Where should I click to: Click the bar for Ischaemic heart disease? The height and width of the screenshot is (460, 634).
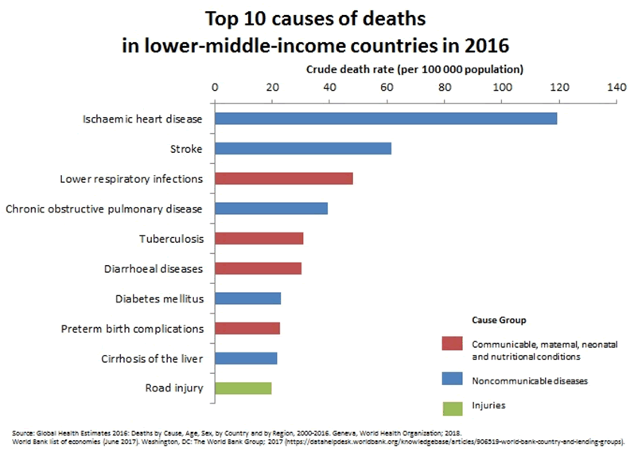point(385,119)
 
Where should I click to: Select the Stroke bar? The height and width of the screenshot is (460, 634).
point(302,148)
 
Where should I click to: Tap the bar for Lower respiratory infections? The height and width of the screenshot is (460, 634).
point(283,178)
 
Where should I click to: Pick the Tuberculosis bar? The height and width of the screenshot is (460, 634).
point(259,238)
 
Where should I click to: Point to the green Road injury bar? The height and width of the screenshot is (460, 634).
point(243,388)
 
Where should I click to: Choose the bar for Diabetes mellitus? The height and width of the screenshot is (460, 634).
point(247,298)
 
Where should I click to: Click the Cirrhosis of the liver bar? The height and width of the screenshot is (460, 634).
point(246,358)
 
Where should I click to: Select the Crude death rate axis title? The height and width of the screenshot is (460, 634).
point(414,68)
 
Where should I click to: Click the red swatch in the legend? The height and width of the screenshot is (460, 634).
point(452,343)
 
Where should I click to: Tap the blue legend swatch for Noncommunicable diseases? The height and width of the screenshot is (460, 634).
point(452,380)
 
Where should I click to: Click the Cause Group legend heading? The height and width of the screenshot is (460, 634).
point(499,320)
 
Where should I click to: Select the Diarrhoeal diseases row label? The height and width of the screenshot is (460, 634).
point(154,268)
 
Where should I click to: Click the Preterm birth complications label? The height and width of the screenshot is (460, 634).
point(132,328)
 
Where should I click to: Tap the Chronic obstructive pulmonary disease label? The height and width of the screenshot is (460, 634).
point(104,209)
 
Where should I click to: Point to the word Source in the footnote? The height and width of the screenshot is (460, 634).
point(22,431)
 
